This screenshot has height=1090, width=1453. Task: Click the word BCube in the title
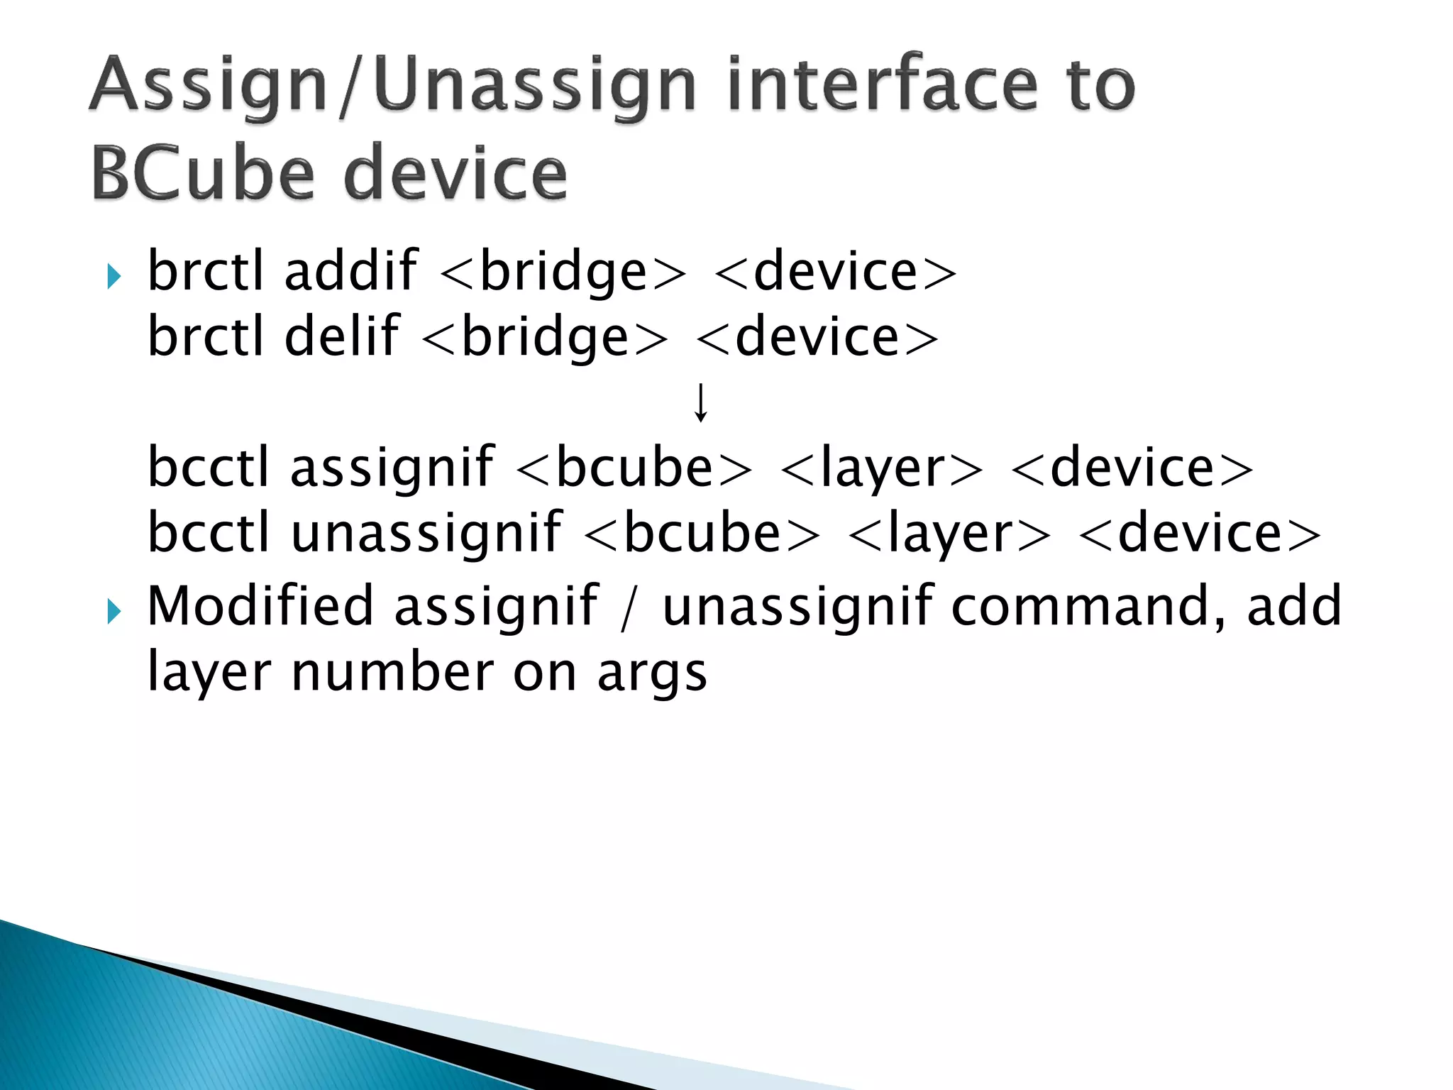tap(202, 172)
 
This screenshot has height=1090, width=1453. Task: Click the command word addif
tap(350, 272)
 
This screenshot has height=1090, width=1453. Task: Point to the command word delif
tap(341, 337)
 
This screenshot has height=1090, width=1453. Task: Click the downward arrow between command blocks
tap(700, 402)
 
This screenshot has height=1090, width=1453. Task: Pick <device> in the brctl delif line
tap(817, 338)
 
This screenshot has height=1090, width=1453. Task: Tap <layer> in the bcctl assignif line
tap(881, 469)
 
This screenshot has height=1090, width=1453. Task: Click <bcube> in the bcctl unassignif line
tap(701, 534)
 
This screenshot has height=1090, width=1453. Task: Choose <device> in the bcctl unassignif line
tap(1199, 534)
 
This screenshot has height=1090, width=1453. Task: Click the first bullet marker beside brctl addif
tap(114, 276)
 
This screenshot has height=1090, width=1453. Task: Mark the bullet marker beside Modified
tap(114, 610)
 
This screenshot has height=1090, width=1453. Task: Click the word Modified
tap(260, 606)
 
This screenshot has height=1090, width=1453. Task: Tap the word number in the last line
tap(392, 672)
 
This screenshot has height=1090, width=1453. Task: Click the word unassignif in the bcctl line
tap(426, 533)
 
